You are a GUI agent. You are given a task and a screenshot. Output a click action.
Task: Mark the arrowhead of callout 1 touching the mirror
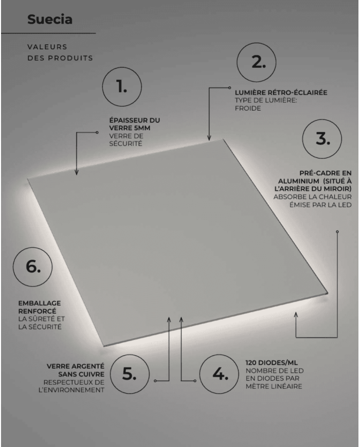pyautogui.click(x=76, y=173)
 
